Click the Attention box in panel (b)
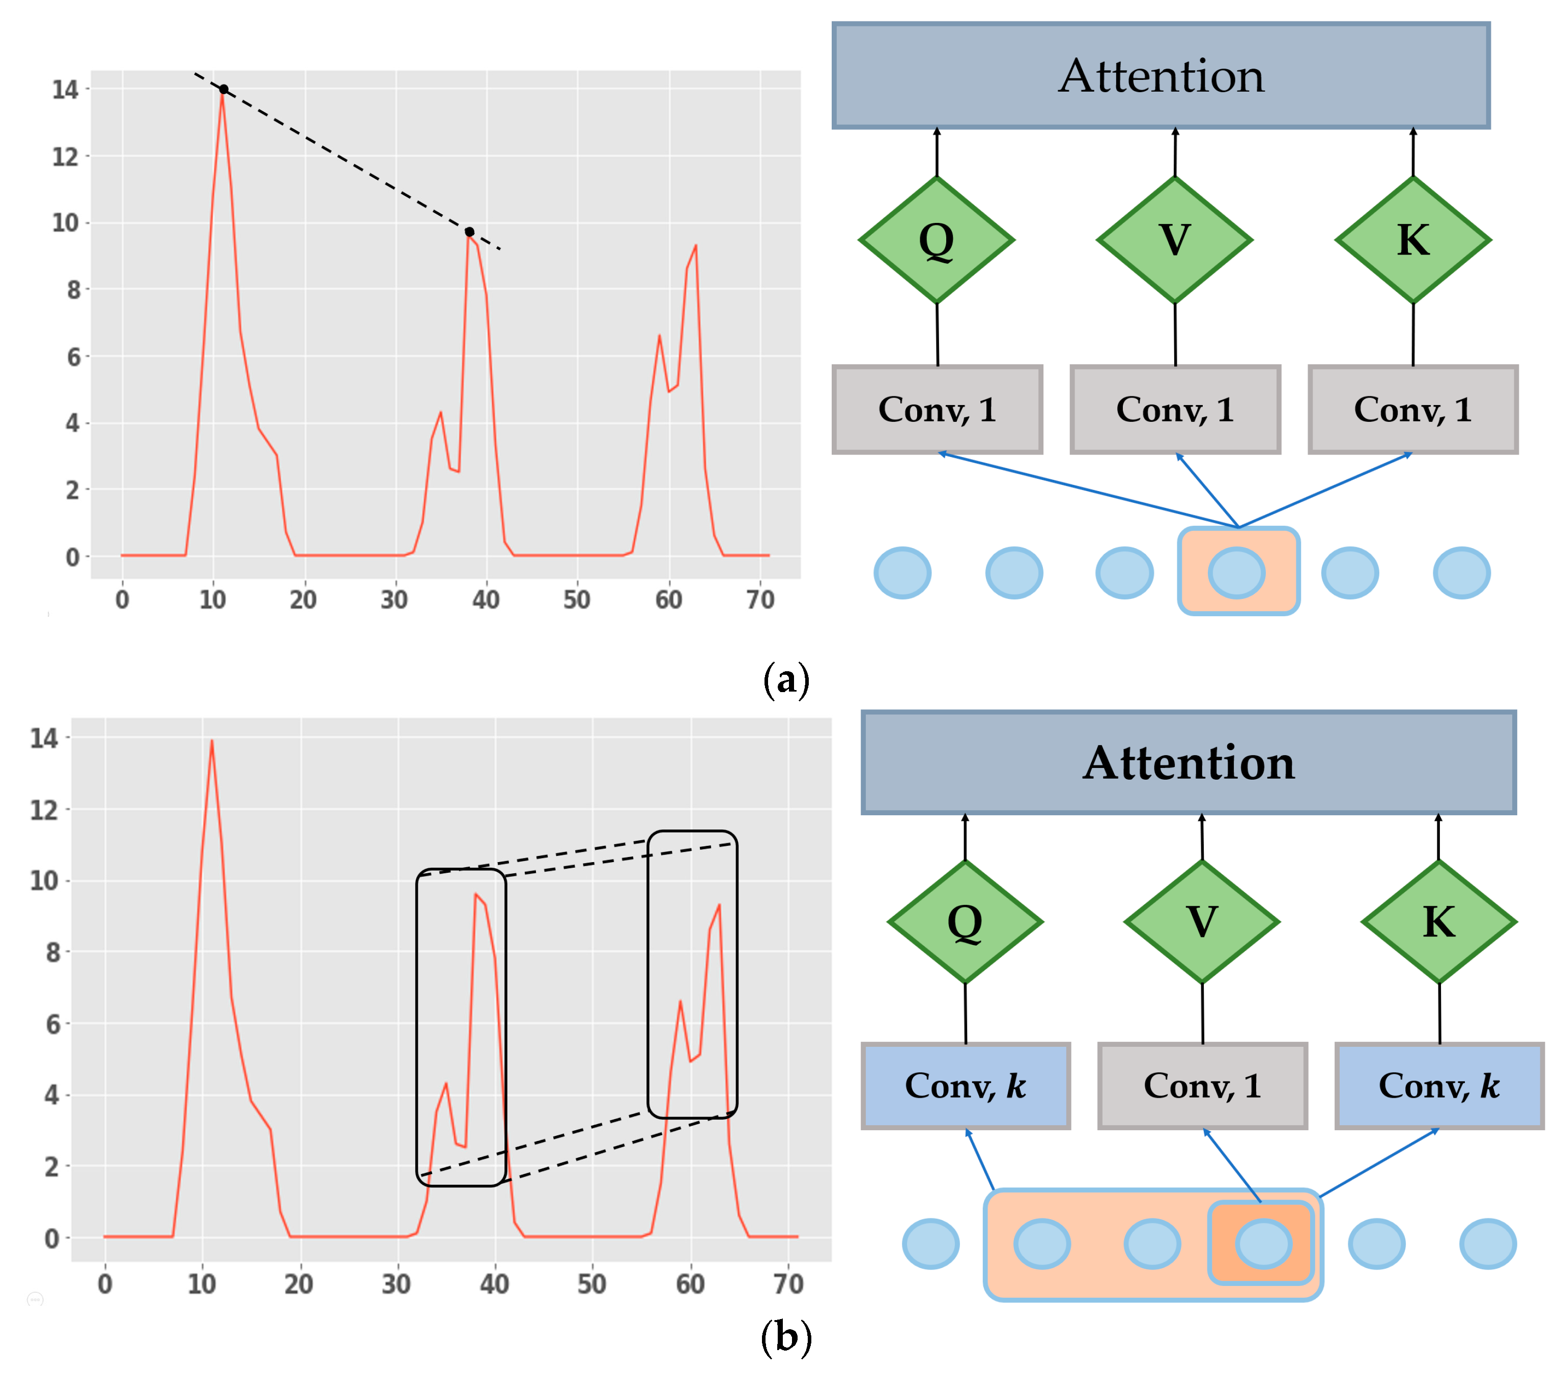[1188, 763]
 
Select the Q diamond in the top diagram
[936, 240]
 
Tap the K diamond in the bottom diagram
[1438, 922]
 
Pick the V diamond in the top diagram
[1175, 240]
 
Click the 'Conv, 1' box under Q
[937, 410]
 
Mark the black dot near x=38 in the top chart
[469, 232]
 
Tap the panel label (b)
[785, 1337]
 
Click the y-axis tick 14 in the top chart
[66, 90]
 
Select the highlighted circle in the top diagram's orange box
[1236, 573]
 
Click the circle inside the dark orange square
[1263, 1244]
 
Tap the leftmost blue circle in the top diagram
[902, 573]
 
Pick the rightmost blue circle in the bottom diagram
[1488, 1244]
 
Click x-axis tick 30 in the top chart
[394, 600]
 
